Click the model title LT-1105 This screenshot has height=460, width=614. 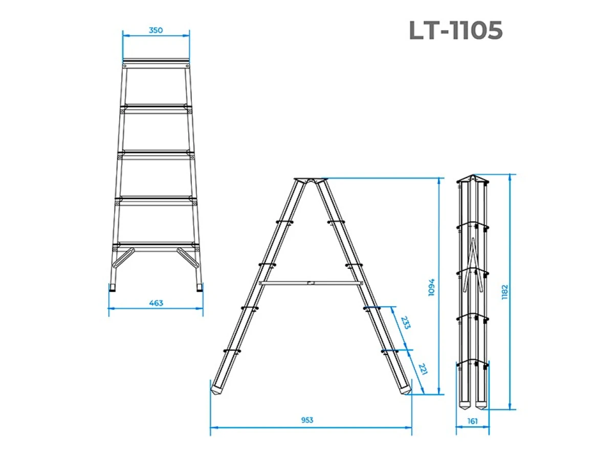pos(455,31)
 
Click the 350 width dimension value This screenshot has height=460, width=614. pos(156,30)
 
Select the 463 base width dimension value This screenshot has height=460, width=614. pos(156,303)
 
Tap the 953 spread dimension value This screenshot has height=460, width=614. pos(307,420)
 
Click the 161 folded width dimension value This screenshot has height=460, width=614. pos(472,421)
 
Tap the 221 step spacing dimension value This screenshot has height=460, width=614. pos(423,369)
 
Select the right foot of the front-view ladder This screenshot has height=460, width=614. pos(199,288)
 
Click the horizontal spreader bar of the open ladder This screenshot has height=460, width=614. pos(311,283)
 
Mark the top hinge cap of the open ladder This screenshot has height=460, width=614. pos(311,180)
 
